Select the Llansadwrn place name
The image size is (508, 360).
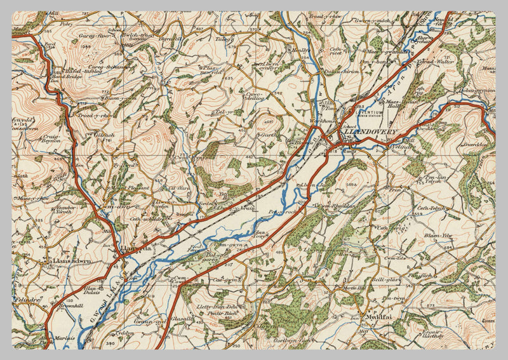[x=70, y=261]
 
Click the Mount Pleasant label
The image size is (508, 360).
[x=131, y=188]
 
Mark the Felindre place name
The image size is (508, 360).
[x=27, y=297]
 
